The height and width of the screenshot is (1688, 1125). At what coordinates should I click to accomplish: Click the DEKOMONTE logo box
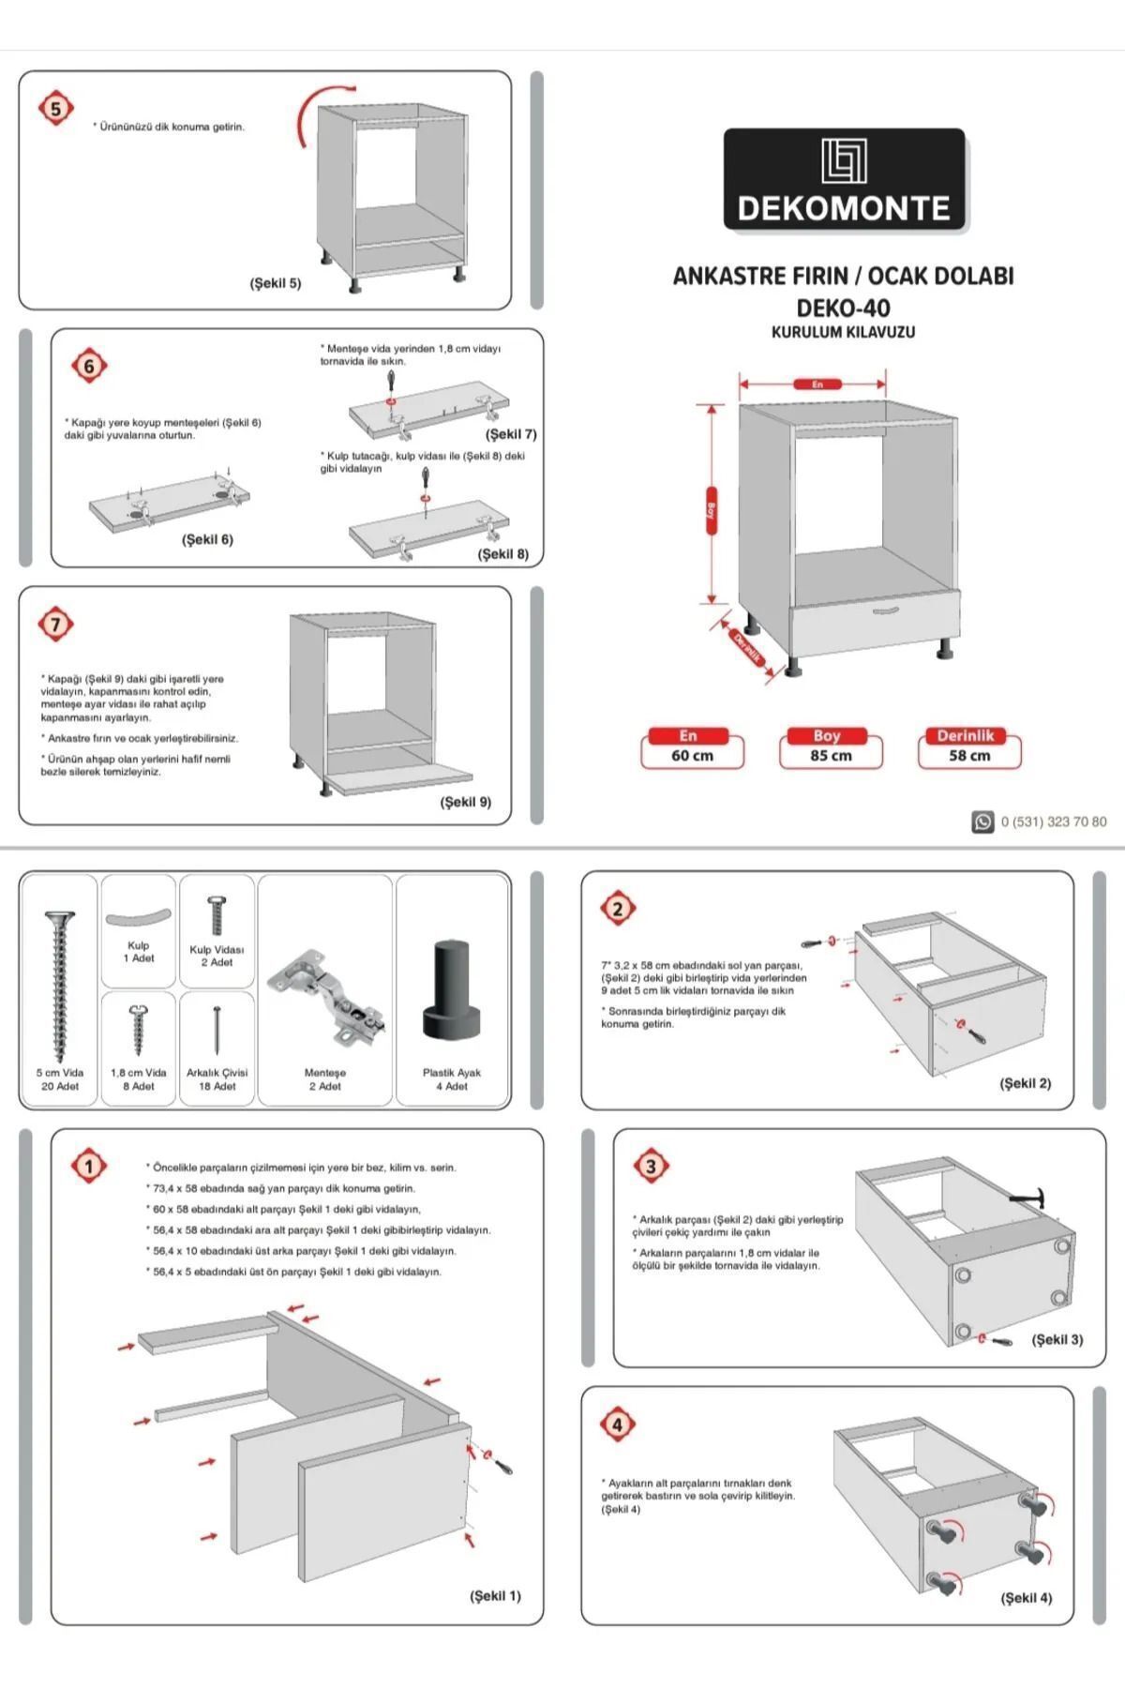844,179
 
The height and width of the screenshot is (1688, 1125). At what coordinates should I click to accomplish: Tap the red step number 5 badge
55,109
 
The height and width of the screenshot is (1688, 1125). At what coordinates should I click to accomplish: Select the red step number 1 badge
89,1167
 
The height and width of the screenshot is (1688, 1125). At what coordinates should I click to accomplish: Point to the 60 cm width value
692,756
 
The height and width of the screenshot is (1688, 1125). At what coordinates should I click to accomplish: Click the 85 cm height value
831,756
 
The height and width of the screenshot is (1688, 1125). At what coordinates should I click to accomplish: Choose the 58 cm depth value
968,756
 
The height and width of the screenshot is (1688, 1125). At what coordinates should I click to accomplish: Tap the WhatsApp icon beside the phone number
982,822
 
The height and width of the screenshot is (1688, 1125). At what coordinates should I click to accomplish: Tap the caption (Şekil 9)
465,802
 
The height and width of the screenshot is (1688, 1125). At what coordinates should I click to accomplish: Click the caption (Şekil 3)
1057,1339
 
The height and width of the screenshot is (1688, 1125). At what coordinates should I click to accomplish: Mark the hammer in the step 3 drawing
1028,1198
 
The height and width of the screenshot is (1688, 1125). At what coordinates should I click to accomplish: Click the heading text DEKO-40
843,308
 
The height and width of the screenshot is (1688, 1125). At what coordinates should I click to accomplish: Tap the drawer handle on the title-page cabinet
884,612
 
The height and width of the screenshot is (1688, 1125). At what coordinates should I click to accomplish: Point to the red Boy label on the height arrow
712,511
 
